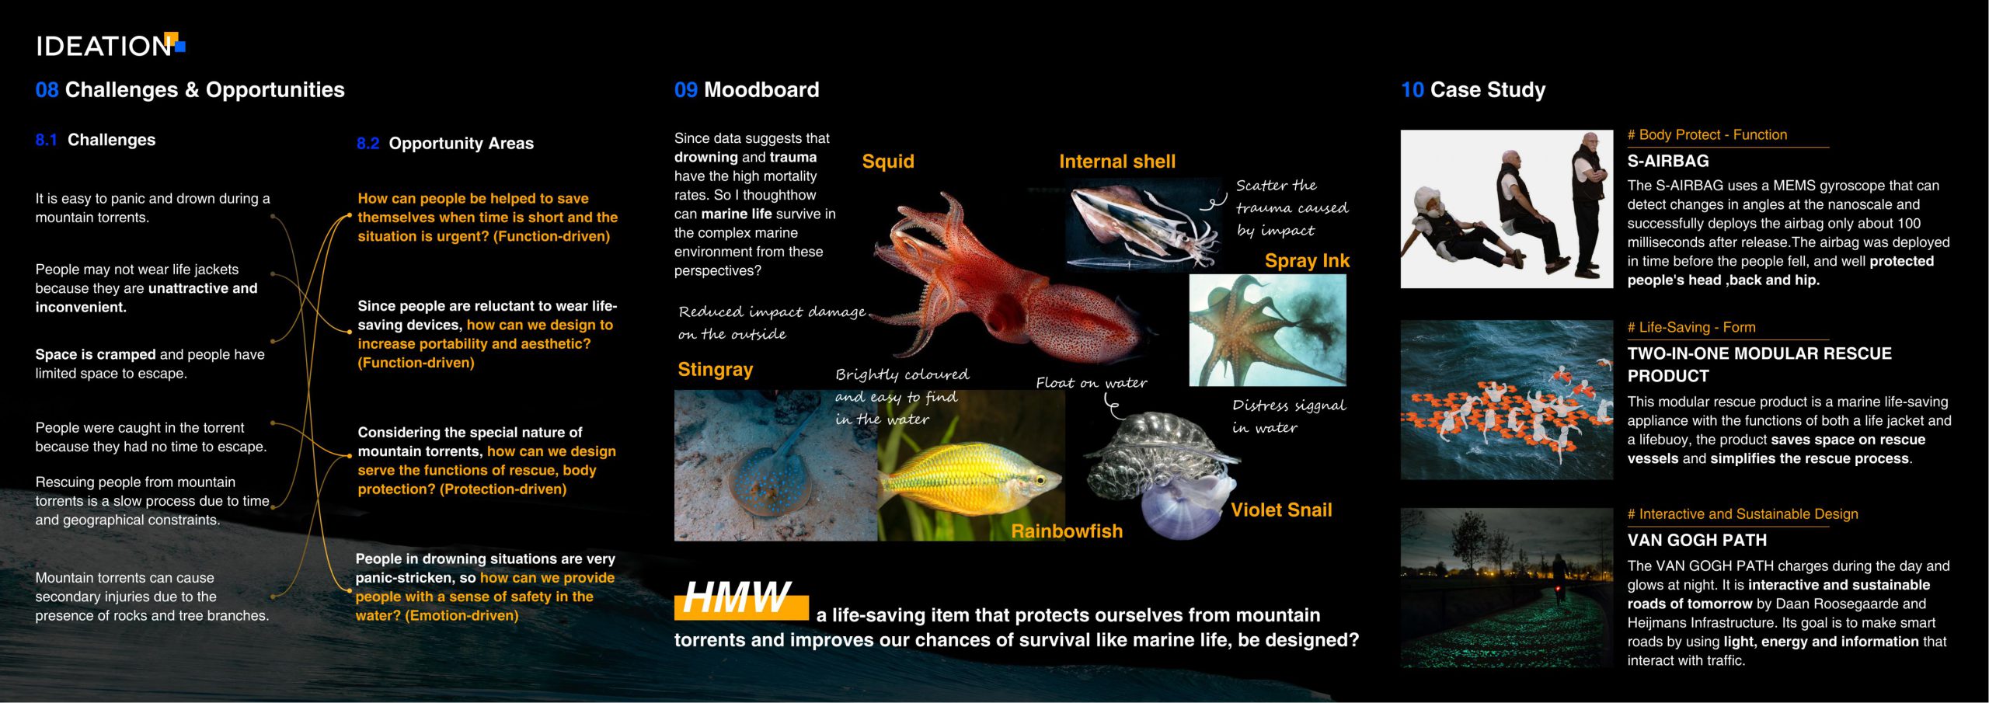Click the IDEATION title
[103, 47]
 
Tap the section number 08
[47, 90]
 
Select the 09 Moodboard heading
[747, 90]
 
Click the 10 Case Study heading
[1473, 90]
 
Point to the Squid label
[888, 162]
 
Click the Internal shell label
[1117, 162]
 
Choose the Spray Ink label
[1307, 261]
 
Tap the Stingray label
[716, 370]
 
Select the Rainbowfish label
[1067, 531]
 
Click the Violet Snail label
[1281, 510]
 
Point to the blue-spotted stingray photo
[775, 465]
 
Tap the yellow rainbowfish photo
[971, 465]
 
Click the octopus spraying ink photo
[1267, 330]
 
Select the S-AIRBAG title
[1668, 162]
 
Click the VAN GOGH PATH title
[1697, 541]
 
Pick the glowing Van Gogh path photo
[1507, 588]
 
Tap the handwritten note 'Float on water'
[1092, 382]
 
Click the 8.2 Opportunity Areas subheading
[445, 144]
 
